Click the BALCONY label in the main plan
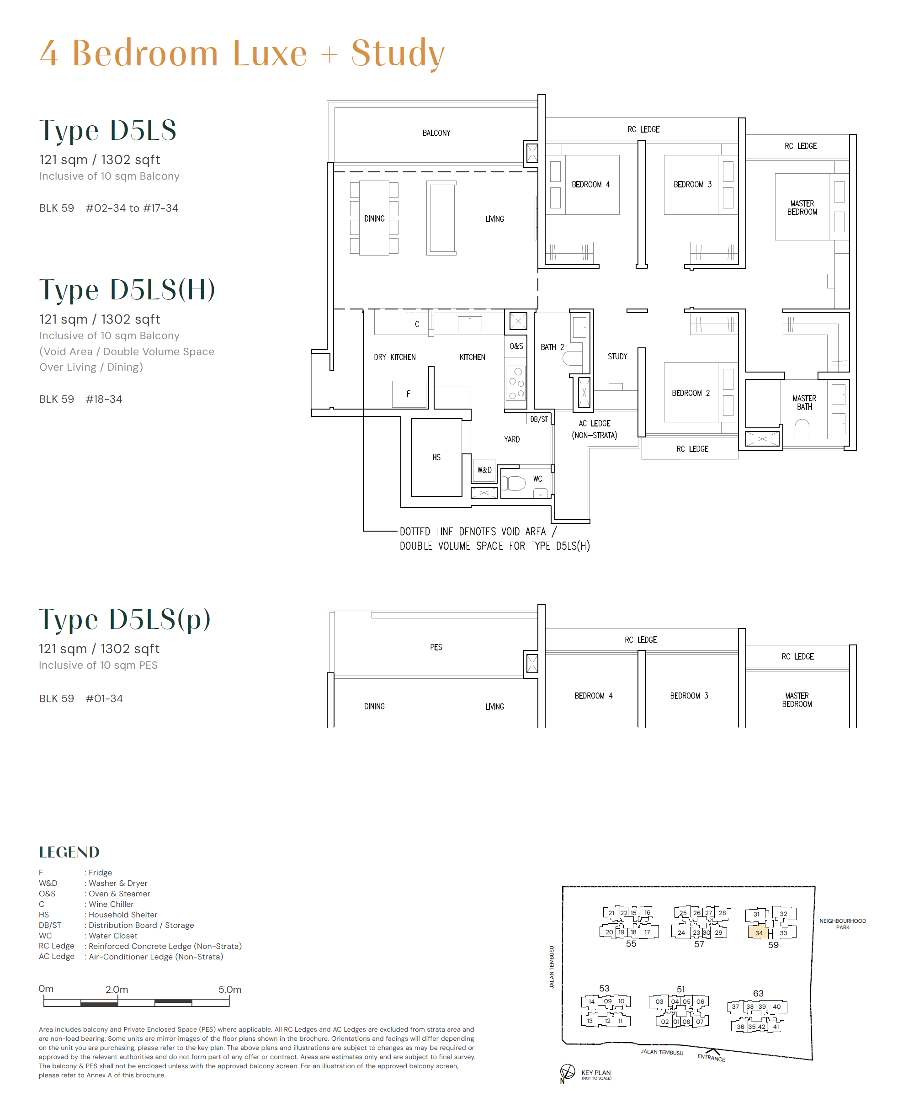click(x=436, y=133)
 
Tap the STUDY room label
click(x=617, y=357)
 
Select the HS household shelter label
click(x=436, y=457)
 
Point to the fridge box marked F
click(x=409, y=394)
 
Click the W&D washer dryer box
click(x=484, y=470)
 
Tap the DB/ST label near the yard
click(x=538, y=419)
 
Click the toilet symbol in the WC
click(x=514, y=483)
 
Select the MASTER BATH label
click(x=804, y=402)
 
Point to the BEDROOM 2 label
click(x=690, y=393)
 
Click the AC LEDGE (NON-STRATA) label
click(x=594, y=429)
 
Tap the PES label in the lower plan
click(x=436, y=647)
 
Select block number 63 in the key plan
click(x=758, y=993)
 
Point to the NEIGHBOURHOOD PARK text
click(x=842, y=924)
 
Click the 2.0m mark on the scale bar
click(x=117, y=989)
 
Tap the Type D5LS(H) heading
click(x=127, y=290)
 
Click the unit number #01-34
click(x=104, y=698)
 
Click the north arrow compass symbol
click(x=567, y=1071)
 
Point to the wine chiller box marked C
click(x=417, y=324)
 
